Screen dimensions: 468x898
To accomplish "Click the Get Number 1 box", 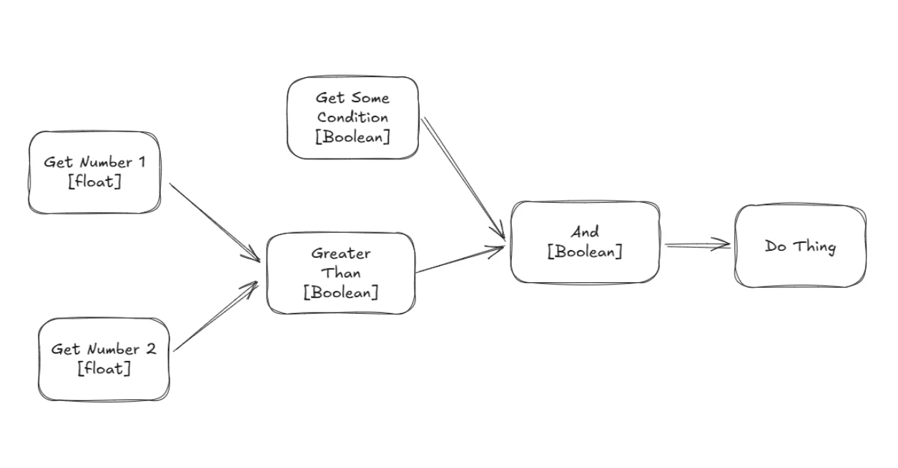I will [94, 172].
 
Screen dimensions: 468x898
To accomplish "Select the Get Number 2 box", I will [104, 359].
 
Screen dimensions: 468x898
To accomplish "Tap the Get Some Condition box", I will [352, 117].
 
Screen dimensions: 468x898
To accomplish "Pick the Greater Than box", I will [340, 273].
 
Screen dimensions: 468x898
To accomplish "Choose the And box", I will [585, 242].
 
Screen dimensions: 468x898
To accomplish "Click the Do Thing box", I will [800, 247].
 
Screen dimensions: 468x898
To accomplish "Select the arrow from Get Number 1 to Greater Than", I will [214, 222].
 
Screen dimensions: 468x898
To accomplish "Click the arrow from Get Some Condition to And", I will [463, 179].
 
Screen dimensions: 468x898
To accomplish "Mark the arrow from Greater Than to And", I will [460, 260].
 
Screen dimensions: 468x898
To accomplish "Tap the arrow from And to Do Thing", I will [697, 246].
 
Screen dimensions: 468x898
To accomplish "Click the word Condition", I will [353, 117].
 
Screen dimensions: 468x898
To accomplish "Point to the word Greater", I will [341, 253].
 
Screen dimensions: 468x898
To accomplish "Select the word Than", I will [341, 272].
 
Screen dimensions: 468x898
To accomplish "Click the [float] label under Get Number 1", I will [94, 181].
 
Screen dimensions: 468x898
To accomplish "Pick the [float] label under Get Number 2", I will [104, 369].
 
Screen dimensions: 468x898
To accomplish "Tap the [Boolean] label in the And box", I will [585, 252].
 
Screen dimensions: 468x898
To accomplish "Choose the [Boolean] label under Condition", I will [352, 136].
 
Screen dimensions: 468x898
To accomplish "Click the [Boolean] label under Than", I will [341, 292].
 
